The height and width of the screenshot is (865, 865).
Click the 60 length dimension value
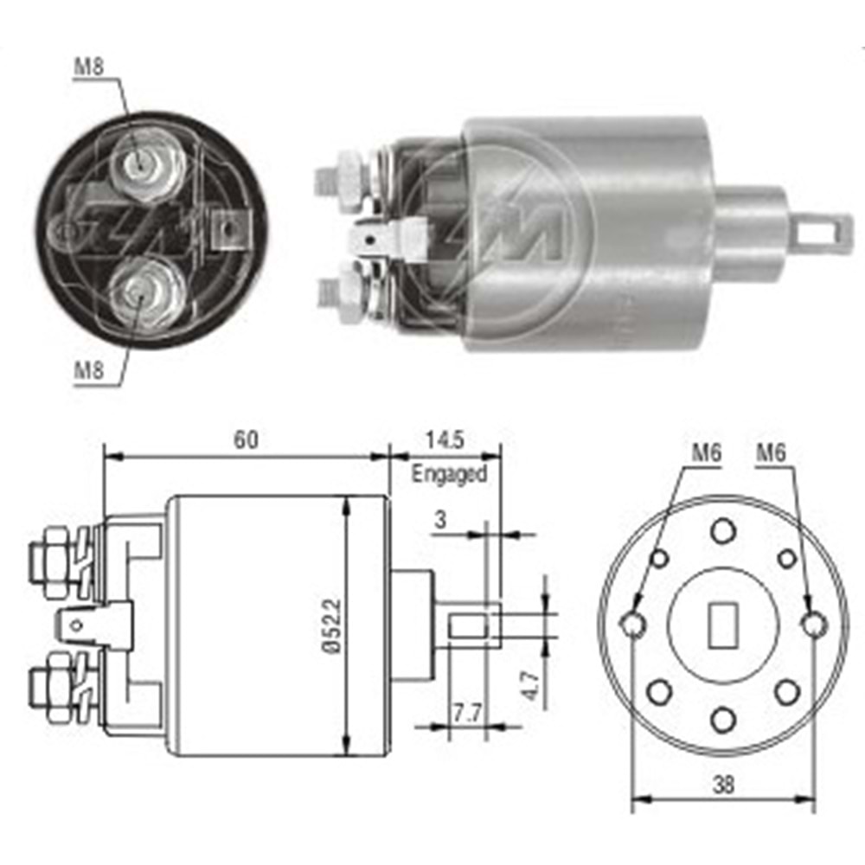coord(246,439)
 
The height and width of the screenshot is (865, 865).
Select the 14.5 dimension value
coord(445,439)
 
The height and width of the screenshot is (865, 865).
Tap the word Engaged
coord(449,474)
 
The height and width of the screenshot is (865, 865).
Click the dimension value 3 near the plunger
coord(440,520)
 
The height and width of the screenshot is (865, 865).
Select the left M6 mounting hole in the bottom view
coord(633,623)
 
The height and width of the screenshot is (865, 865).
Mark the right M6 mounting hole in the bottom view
coord(812,623)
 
